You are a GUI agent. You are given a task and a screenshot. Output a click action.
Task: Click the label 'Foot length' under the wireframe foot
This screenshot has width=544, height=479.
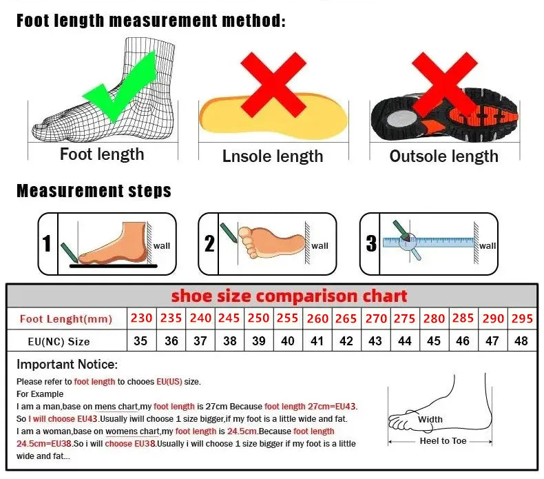pyautogui.click(x=102, y=154)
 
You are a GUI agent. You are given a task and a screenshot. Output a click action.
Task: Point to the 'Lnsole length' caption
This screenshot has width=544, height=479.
pyautogui.click(x=273, y=156)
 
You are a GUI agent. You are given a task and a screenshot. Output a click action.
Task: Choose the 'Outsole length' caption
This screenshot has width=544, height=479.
pyautogui.click(x=443, y=156)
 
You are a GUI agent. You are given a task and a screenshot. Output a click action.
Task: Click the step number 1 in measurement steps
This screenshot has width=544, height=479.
pyautogui.click(x=47, y=243)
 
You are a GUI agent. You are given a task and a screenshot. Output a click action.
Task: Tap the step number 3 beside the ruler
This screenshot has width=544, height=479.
pyautogui.click(x=371, y=243)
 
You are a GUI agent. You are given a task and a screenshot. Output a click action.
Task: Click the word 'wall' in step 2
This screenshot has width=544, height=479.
pyautogui.click(x=320, y=245)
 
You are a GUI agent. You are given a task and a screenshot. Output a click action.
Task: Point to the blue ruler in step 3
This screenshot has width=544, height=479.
pyautogui.click(x=429, y=243)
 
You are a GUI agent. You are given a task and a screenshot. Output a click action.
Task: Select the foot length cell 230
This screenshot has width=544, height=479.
pyautogui.click(x=140, y=318)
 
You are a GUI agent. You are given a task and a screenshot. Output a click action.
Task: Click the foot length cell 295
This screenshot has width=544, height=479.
pyautogui.click(x=521, y=318)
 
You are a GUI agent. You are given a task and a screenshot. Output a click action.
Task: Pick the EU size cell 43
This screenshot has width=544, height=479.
pyautogui.click(x=375, y=341)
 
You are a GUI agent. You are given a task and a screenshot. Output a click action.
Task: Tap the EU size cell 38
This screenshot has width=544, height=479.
pyautogui.click(x=229, y=341)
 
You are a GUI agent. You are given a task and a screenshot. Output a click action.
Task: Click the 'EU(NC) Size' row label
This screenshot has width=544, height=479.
pyautogui.click(x=59, y=341)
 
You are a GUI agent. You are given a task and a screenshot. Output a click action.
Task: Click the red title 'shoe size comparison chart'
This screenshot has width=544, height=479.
pyautogui.click(x=289, y=296)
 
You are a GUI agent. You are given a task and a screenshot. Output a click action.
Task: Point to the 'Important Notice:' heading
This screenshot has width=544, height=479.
pyautogui.click(x=67, y=364)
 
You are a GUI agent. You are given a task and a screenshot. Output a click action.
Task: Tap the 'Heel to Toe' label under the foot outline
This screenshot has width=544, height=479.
pyautogui.click(x=443, y=441)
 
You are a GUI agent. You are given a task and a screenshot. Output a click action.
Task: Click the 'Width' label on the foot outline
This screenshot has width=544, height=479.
pyautogui.click(x=430, y=419)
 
